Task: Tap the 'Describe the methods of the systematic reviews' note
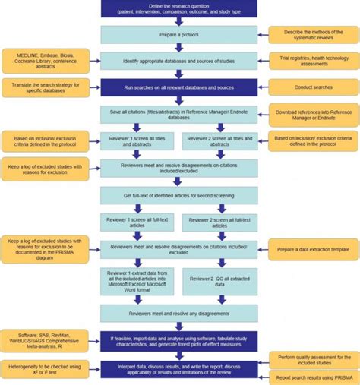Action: pos(311,35)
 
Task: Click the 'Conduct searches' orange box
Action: pos(311,87)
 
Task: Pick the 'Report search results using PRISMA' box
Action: pos(311,377)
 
